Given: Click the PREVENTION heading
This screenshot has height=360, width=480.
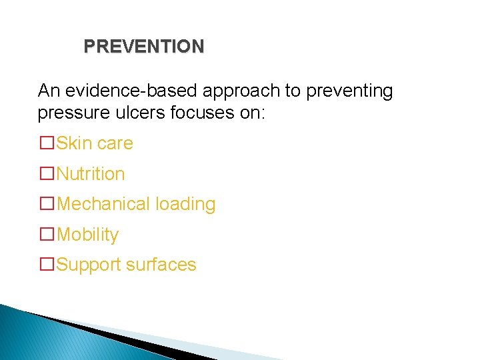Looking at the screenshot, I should click(144, 47).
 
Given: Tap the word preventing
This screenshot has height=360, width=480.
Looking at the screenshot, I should click(349, 91).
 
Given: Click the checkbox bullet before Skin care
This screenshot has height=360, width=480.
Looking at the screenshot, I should click(47, 143).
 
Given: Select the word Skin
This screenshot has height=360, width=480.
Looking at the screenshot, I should click(74, 143).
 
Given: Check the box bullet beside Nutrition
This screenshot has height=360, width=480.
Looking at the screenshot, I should click(47, 174).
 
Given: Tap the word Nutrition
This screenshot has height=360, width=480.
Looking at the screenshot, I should click(91, 174).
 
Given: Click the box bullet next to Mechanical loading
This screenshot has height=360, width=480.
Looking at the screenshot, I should click(47, 204).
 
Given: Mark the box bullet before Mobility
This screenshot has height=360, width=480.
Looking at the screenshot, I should click(47, 235).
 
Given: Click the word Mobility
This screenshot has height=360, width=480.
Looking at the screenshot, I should click(88, 235).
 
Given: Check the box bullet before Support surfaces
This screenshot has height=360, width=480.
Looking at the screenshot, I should click(47, 265).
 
